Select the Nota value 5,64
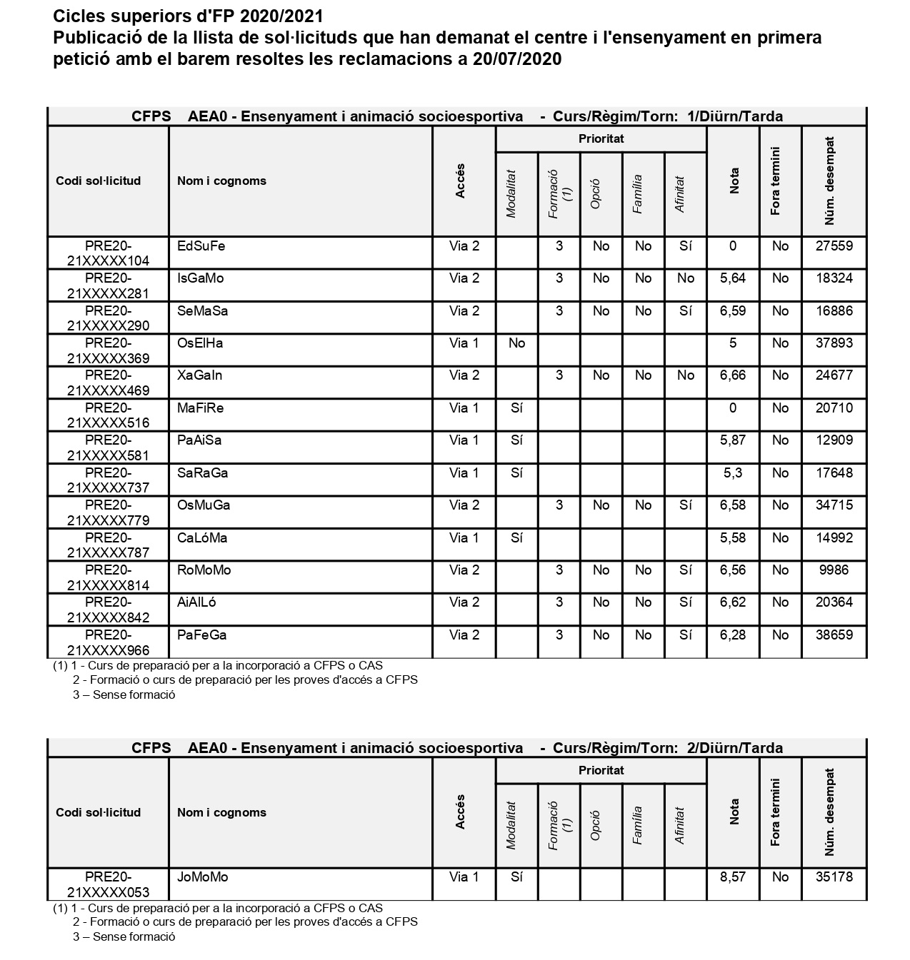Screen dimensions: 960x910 coord(732,278)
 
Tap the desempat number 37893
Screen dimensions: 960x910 coord(834,343)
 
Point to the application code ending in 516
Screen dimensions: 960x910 coord(108,415)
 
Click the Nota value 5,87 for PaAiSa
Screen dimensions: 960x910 coord(732,440)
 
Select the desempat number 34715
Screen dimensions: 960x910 coord(834,505)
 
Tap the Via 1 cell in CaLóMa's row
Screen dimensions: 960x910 coord(464,538)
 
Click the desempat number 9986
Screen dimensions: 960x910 coord(834,570)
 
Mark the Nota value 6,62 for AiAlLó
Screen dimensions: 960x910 coord(732,602)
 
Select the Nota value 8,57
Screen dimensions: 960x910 coord(732,877)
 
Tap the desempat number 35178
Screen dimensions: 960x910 coord(834,877)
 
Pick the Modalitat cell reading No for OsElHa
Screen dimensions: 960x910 coord(516,343)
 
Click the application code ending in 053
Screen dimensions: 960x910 coord(108,884)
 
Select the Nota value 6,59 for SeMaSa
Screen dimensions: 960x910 coord(732,311)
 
